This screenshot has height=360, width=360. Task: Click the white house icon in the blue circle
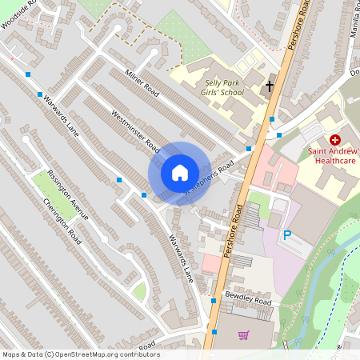(180, 172)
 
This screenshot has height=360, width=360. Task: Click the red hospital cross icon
(334, 140)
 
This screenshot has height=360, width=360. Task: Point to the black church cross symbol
(270, 84)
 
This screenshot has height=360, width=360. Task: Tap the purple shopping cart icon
(245, 335)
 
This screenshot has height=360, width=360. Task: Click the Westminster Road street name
(135, 131)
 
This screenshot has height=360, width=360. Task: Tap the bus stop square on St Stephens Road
(249, 149)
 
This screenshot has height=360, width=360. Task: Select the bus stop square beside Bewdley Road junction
(214, 301)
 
